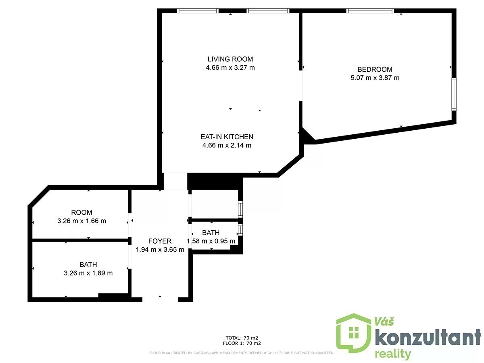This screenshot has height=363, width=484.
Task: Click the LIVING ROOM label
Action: tap(230, 59)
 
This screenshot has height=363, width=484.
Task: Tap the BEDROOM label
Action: tap(375, 69)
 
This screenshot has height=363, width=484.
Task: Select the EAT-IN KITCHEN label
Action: tap(227, 137)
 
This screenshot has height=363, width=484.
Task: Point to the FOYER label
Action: tap(160, 241)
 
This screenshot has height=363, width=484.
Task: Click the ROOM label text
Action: tap(81, 213)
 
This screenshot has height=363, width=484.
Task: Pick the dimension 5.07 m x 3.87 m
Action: tap(375, 78)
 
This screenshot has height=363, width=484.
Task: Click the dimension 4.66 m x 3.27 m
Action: tap(230, 67)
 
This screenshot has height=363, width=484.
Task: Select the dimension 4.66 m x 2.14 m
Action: tap(227, 145)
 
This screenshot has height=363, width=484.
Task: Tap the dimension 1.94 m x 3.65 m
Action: tap(160, 250)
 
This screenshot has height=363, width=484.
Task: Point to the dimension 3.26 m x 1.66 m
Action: tap(81, 221)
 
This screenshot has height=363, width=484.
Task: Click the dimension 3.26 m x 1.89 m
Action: tap(88, 273)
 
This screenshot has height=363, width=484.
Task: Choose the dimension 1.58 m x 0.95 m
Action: tap(211, 241)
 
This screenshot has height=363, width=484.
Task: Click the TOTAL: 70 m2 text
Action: tap(242, 338)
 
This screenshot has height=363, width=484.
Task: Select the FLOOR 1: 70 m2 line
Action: tap(242, 343)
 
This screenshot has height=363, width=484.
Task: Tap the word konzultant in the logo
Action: tap(428, 337)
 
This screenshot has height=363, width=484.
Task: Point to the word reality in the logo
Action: tap(393, 355)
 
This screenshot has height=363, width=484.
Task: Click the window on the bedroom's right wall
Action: tap(454, 94)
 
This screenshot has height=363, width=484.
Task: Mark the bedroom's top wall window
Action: tap(370, 10)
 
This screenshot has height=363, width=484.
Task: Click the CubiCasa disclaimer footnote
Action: tap(242, 353)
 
